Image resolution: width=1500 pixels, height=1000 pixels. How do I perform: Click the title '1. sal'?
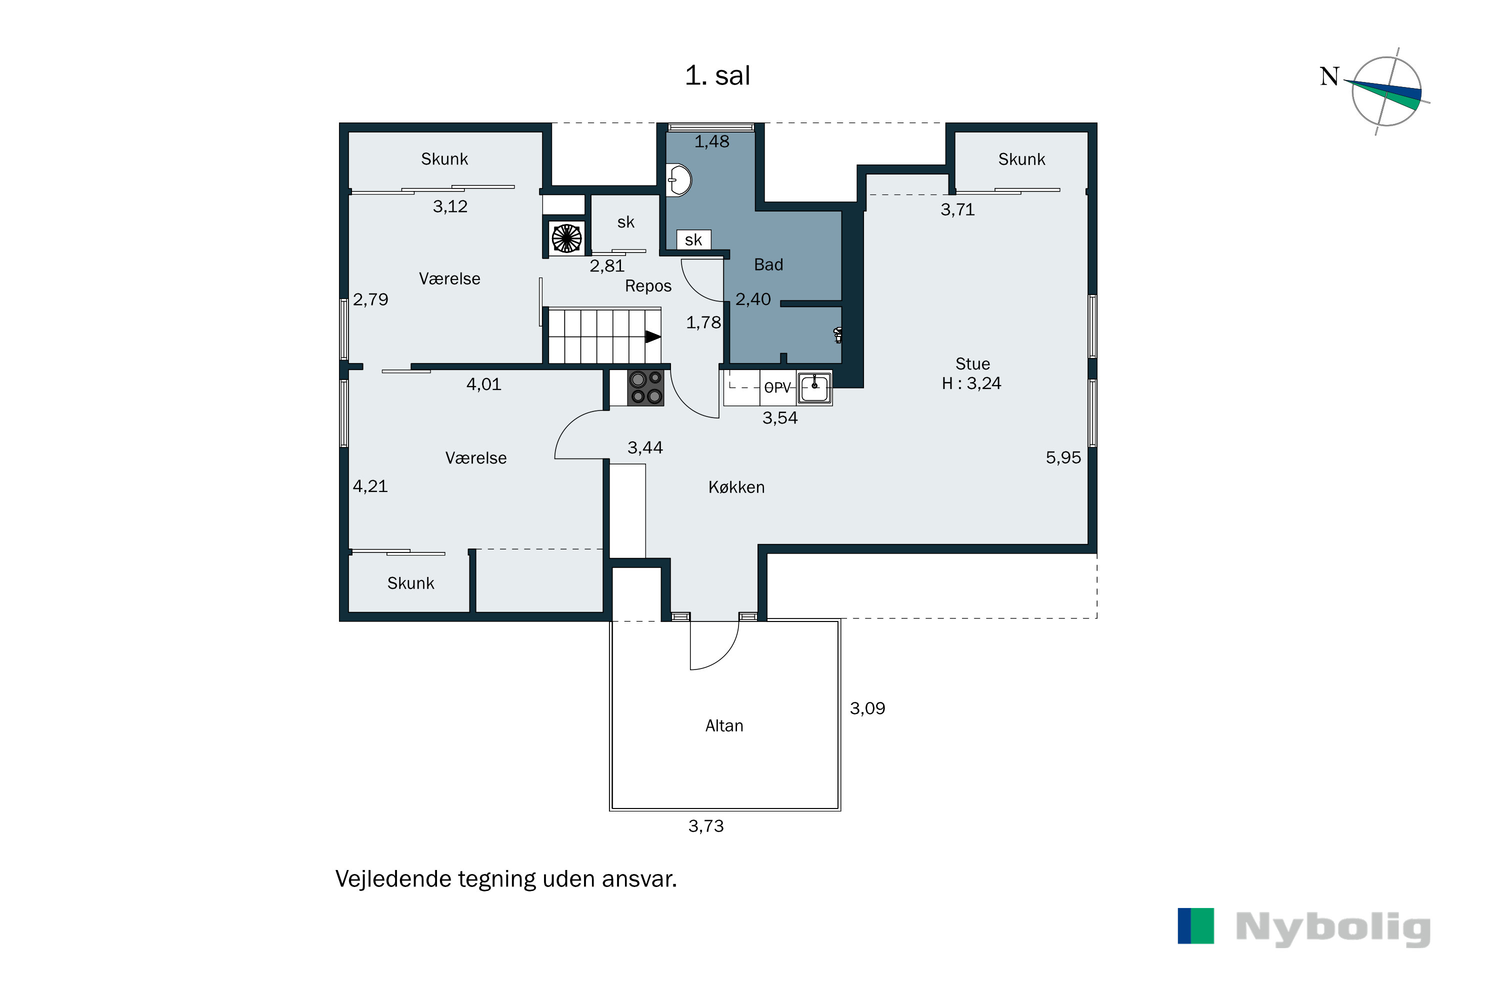717,76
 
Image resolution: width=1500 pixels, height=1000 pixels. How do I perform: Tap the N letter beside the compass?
1329,76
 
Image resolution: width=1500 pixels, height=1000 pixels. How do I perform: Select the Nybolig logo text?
1333,928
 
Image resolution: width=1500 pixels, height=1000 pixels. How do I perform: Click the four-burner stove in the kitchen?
645,388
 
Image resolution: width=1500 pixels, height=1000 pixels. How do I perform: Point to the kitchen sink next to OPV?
814,387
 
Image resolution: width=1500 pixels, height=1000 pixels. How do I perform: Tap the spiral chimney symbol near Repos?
566,239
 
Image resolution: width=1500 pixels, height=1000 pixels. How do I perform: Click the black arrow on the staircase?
652,336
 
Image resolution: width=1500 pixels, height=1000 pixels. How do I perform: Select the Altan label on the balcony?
724,726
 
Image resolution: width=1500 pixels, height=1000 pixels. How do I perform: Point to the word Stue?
972,364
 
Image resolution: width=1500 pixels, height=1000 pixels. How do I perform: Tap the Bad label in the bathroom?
768,264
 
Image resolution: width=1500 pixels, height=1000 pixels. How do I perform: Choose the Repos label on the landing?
648,286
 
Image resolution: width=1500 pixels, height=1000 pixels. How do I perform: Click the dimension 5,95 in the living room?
1063,458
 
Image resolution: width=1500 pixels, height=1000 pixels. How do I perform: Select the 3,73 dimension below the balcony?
706,826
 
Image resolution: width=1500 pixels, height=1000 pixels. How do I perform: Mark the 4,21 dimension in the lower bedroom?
370,486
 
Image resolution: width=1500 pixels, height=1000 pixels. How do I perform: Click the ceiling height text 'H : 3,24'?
971,383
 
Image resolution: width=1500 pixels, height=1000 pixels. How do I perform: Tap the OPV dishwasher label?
777,387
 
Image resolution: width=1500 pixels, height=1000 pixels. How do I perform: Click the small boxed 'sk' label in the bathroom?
693,240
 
